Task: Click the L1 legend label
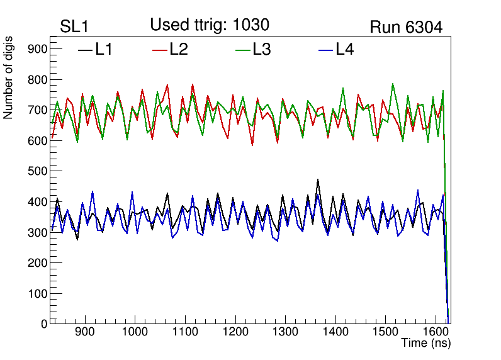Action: (x=104, y=49)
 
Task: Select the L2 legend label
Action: (x=179, y=49)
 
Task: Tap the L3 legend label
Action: (x=261, y=49)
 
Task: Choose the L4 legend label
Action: (x=344, y=49)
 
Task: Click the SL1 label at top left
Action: (x=75, y=27)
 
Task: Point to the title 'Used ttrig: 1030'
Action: (x=210, y=25)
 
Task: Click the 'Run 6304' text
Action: (x=406, y=27)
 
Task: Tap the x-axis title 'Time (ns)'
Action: (x=426, y=344)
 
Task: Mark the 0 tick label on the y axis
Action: (x=44, y=324)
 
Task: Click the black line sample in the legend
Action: (x=85, y=49)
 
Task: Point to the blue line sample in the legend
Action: (x=325, y=49)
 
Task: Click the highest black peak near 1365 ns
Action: (x=318, y=180)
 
